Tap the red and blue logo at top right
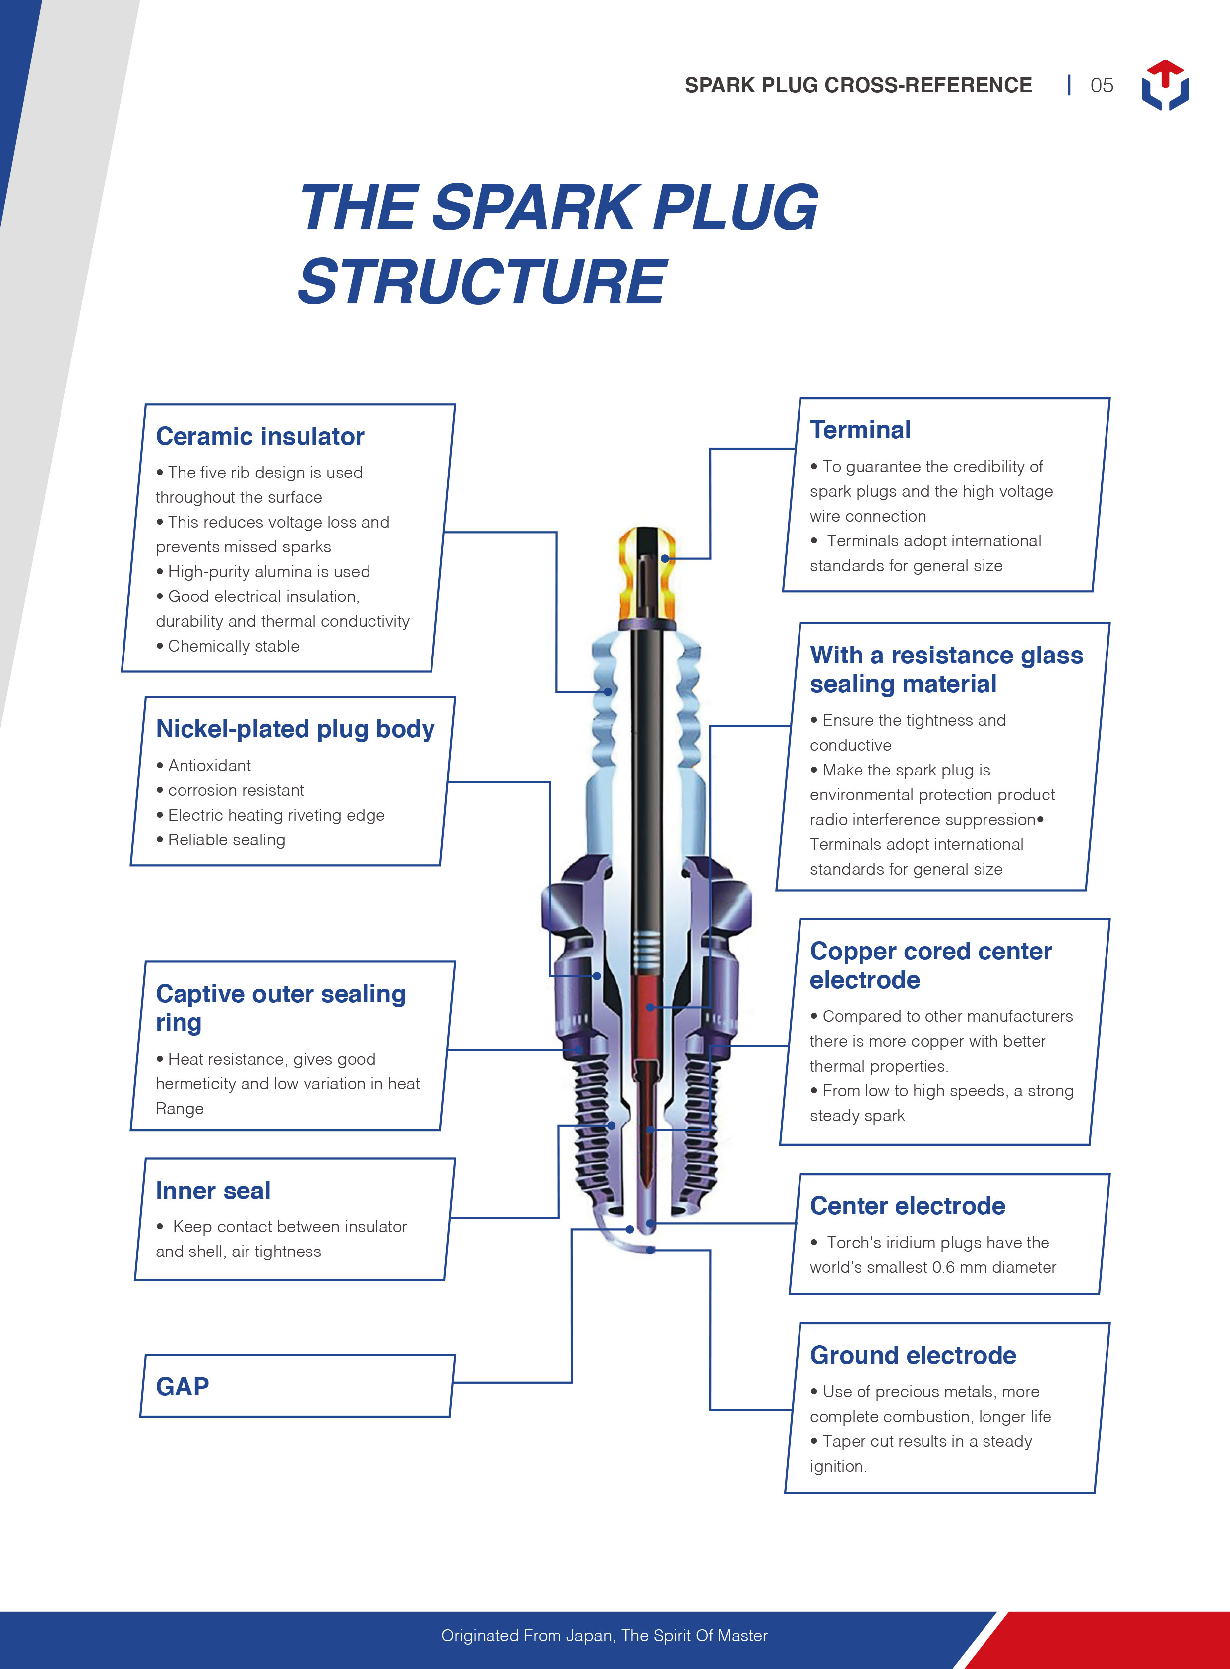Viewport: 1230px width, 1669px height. (1165, 86)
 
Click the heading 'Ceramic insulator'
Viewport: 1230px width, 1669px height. (260, 436)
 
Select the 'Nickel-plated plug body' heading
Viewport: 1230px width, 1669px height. (295, 729)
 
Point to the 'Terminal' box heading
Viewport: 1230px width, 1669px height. (860, 430)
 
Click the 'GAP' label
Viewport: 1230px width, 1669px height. (183, 1386)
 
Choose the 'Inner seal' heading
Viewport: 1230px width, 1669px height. (213, 1191)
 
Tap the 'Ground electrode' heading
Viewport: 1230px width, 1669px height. (913, 1355)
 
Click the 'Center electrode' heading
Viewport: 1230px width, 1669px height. (907, 1206)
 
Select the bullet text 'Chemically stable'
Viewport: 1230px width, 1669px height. (233, 646)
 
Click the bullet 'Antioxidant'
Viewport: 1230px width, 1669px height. (209, 765)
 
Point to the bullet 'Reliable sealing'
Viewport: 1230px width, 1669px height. (226, 840)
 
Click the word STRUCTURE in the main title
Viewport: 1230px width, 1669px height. (482, 282)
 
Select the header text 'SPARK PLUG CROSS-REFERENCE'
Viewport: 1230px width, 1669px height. (858, 86)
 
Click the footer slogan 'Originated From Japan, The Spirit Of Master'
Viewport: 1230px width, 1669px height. (604, 1635)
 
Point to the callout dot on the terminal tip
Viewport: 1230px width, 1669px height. (664, 558)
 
